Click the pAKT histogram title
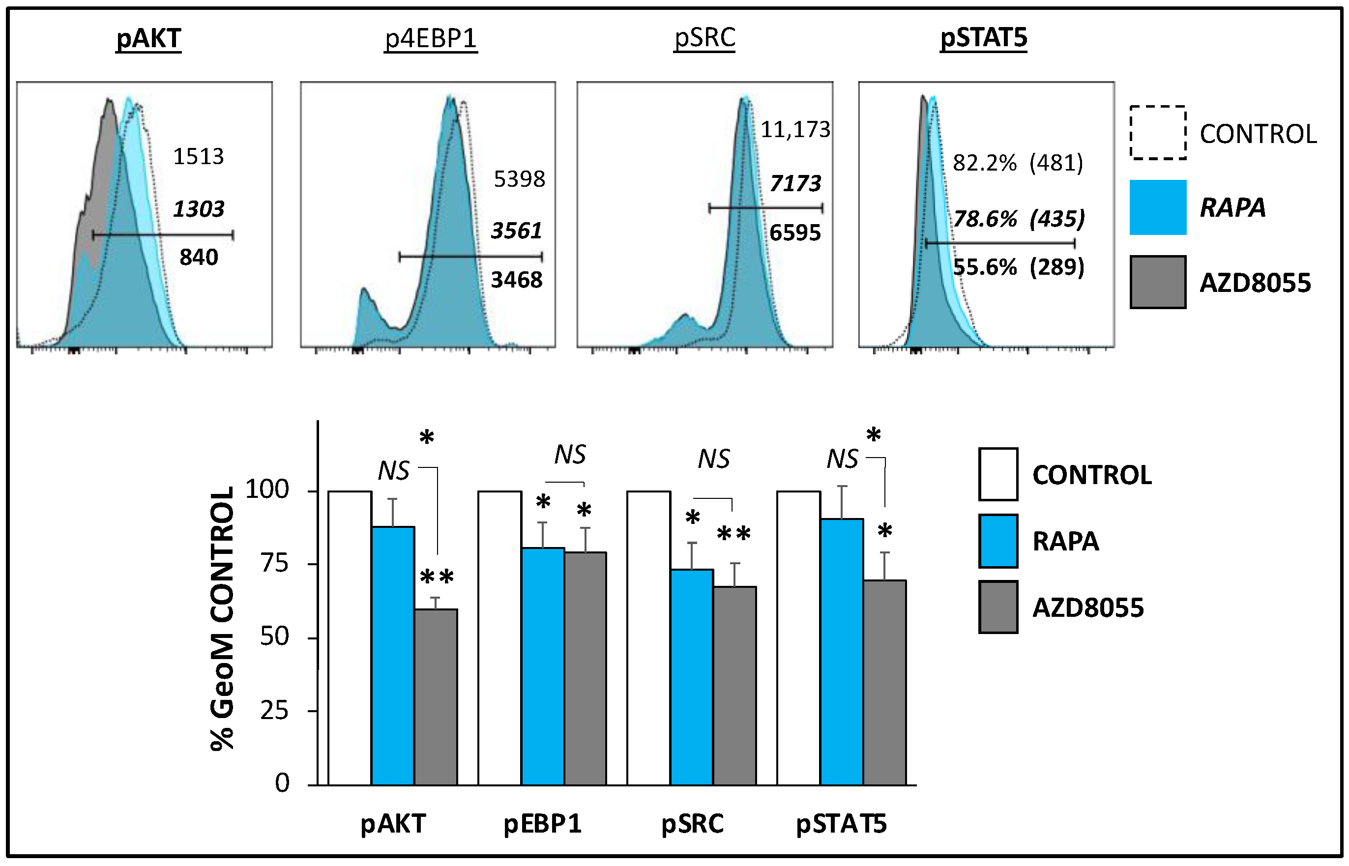pyautogui.click(x=148, y=39)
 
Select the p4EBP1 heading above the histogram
pyautogui.click(x=431, y=39)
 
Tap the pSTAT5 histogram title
pyautogui.click(x=984, y=38)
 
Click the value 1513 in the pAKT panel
pyautogui.click(x=198, y=156)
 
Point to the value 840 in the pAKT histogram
pyautogui.click(x=199, y=258)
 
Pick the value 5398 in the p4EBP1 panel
pyautogui.click(x=519, y=179)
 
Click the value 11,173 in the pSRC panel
pyautogui.click(x=795, y=130)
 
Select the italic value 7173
pyautogui.click(x=795, y=183)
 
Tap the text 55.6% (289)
pyautogui.click(x=1018, y=267)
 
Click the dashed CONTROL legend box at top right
pyautogui.click(x=1158, y=133)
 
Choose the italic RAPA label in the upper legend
pyautogui.click(x=1232, y=207)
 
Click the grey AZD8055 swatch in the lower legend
pyautogui.click(x=998, y=607)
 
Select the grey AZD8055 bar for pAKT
pyautogui.click(x=436, y=697)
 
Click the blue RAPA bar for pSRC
pyautogui.click(x=692, y=678)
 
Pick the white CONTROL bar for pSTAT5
pyautogui.click(x=798, y=638)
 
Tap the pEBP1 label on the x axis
pyautogui.click(x=542, y=824)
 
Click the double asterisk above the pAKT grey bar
pyautogui.click(x=437, y=577)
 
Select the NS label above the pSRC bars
pyautogui.click(x=713, y=460)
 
